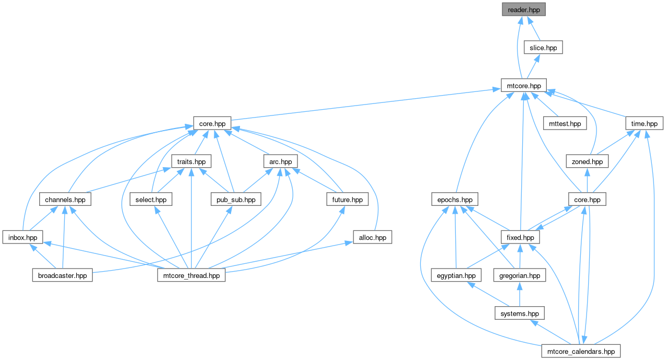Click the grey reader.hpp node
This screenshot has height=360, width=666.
tap(524, 9)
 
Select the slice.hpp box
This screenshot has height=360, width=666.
tap(543, 48)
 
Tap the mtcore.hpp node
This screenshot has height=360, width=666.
tap(524, 86)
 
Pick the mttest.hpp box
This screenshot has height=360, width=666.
tap(565, 123)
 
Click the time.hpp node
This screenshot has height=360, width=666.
tap(644, 123)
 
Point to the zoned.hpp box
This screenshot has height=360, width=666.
tap(587, 161)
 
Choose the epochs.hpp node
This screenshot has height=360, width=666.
tap(455, 199)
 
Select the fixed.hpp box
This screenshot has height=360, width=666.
tap(520, 237)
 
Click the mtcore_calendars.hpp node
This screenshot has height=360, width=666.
tap(581, 351)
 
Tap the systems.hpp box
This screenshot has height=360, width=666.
tap(520, 313)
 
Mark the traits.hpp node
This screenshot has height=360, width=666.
tap(191, 161)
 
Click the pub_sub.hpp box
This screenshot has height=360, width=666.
tap(236, 199)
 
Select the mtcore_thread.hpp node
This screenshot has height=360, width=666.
tap(191, 275)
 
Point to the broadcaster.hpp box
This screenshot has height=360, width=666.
tap(62, 275)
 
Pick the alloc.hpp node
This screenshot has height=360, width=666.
tap(372, 237)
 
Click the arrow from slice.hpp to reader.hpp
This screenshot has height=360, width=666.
tap(533, 29)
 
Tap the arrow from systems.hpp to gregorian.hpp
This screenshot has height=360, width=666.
tap(520, 294)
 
